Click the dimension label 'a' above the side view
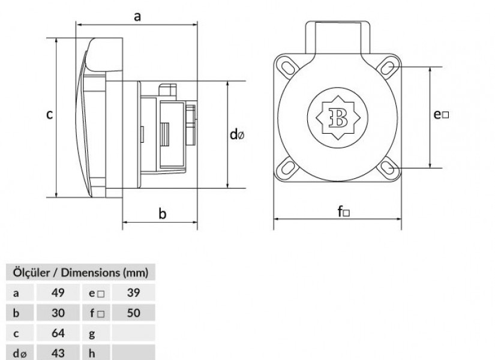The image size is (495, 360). click(137, 16)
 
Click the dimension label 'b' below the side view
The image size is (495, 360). click(162, 214)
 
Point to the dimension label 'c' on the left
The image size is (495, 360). click(49, 115)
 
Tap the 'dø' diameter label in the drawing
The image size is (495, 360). click(237, 134)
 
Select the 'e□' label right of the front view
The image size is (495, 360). click(441, 115)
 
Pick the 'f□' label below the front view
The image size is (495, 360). click(343, 212)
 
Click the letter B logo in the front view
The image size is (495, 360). click(338, 118)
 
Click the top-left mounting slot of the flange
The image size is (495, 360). click(287, 68)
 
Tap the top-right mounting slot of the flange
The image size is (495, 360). click(388, 67)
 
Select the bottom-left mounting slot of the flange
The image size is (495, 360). click(287, 167)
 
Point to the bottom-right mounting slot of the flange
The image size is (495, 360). click(388, 167)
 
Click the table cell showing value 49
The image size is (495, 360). click(58, 293)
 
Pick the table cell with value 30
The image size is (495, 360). click(58, 313)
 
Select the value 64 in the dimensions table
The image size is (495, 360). click(58, 333)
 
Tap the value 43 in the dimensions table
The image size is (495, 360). click(58, 353)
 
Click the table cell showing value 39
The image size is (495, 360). click(134, 293)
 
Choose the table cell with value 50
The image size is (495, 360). click(134, 313)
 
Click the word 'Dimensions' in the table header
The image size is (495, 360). click(90, 272)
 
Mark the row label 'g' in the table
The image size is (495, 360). click(92, 334)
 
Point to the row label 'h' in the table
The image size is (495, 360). click(92, 353)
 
